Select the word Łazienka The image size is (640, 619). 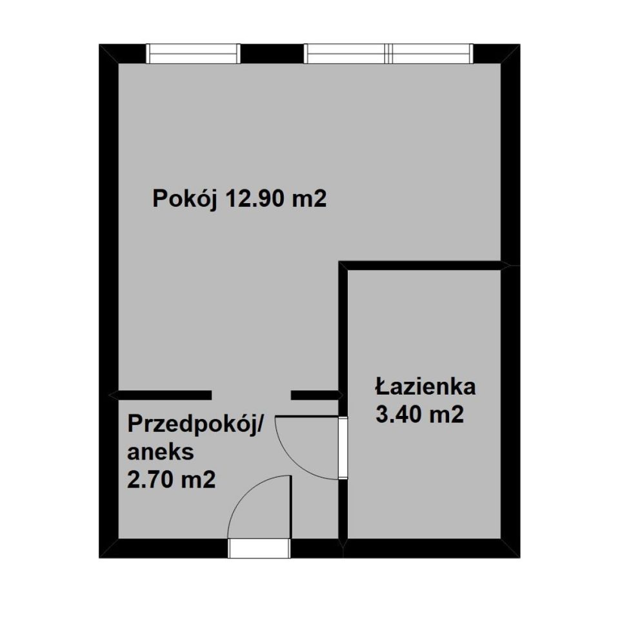[425, 387]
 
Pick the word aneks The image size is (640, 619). [161, 452]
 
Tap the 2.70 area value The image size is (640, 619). [153, 480]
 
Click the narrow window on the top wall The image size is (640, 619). [193, 54]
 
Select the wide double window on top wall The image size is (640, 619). [388, 54]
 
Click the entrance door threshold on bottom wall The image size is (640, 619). [259, 548]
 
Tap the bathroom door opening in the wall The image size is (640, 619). [343, 447]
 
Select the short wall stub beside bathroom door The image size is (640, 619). [315, 395]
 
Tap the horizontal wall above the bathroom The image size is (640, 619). [423, 265]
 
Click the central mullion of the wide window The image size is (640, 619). [388, 54]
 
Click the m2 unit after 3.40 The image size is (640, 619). [446, 415]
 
